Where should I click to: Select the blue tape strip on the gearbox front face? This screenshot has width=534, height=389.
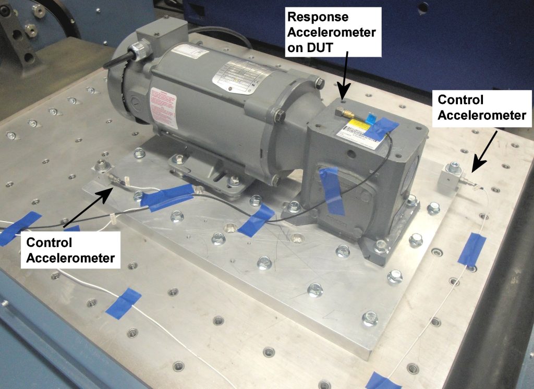[x=332, y=191]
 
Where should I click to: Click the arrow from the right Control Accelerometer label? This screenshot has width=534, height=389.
[x=482, y=151]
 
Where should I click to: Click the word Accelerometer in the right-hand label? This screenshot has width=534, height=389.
[x=482, y=115]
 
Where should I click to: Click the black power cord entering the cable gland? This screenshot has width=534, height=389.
[x=115, y=59]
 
